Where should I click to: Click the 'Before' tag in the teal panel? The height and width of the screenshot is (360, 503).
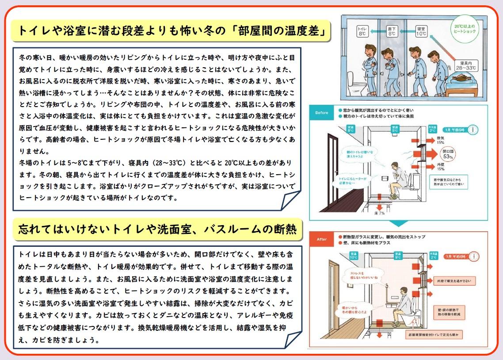pyautogui.click(x=322, y=112)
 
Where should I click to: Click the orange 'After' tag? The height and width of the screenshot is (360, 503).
pyautogui.click(x=322, y=239)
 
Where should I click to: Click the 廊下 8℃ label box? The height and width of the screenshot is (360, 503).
pyautogui.click(x=392, y=31)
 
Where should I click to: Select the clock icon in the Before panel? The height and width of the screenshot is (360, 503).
pyautogui.click(x=473, y=130)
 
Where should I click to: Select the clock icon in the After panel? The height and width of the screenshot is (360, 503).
pyautogui.click(x=474, y=256)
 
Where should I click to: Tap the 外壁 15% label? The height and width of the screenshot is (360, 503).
pyautogui.click(x=440, y=167)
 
